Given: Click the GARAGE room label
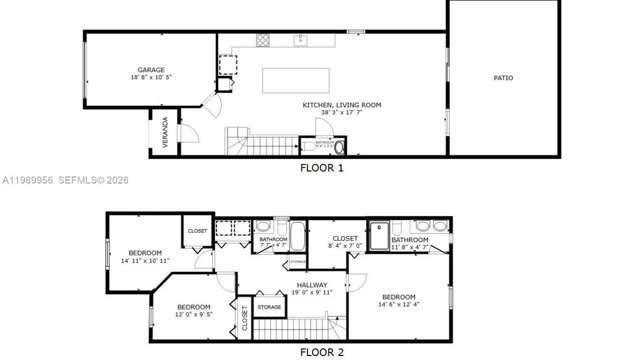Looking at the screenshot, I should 151,70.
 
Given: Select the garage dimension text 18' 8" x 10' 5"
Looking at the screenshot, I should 151,78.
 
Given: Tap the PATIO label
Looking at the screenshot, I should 503,78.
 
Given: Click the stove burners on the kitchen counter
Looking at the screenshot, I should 263,40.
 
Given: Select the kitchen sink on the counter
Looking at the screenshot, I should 301,40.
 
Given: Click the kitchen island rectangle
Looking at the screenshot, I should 296,81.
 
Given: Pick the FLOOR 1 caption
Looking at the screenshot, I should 321,168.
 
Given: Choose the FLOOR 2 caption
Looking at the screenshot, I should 321,352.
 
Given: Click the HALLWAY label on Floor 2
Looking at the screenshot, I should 311,285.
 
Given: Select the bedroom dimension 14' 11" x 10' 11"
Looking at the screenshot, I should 145,261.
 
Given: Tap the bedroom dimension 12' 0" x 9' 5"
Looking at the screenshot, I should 193,315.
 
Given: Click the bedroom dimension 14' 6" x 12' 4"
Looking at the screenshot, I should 398,304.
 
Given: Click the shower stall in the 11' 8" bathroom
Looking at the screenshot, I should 379,236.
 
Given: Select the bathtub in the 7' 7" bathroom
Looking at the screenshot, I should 297,236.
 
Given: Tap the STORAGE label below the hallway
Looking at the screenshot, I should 269,307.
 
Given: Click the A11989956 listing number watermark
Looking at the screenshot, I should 28,180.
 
